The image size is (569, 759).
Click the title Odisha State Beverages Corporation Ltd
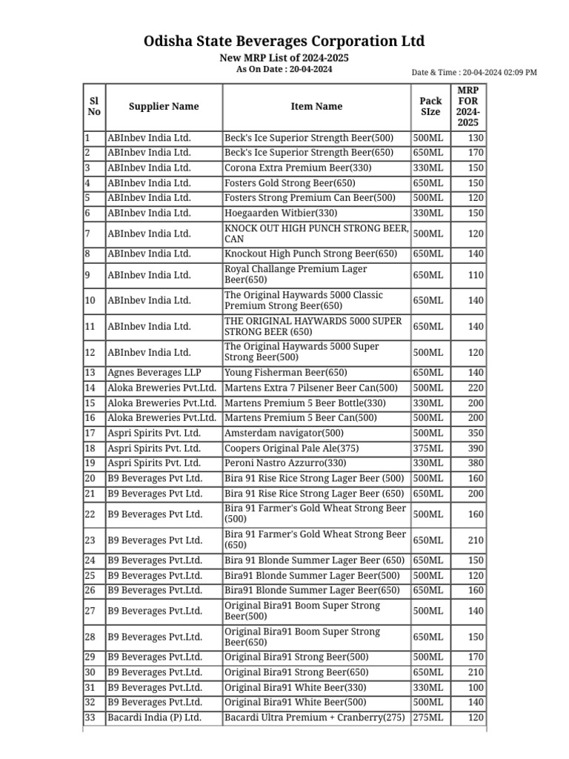284,41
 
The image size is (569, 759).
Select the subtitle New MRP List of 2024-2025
284,58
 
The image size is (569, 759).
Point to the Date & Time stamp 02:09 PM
474,73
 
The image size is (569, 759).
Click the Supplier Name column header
164,107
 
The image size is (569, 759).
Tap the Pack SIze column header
430,107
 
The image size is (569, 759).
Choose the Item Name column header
316,107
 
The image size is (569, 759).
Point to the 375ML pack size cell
428,448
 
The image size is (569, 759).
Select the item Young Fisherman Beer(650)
285,373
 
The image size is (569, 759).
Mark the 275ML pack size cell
428,717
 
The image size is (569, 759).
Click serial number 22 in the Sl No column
90,514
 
